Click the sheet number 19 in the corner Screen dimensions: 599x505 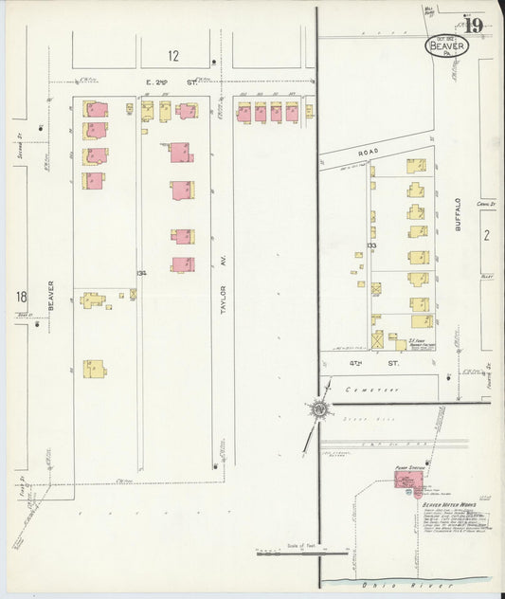474,26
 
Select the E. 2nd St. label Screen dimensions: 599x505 171,83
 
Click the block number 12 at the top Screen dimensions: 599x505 173,56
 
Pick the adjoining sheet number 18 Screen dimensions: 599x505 21,297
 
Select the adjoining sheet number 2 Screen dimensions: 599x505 484,235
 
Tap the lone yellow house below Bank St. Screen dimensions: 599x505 93,368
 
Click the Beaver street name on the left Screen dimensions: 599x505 52,297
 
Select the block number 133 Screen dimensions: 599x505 371,245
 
